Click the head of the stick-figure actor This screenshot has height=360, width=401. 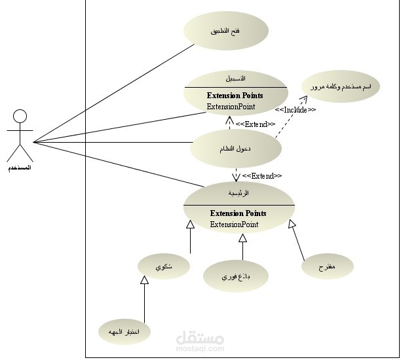point(20,117)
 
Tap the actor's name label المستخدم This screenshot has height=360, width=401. point(20,168)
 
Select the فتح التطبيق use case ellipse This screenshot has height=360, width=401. point(225,31)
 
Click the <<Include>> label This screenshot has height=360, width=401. point(295,110)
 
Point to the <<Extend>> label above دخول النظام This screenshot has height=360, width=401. point(256,124)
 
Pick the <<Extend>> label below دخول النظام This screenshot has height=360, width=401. point(262,176)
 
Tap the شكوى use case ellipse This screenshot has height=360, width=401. point(164,266)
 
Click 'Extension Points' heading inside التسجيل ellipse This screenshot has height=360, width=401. point(235,96)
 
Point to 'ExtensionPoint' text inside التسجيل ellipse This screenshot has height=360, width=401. point(231,106)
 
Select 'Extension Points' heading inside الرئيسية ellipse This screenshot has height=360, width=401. point(239,213)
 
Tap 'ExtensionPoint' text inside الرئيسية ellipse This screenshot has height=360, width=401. point(234,225)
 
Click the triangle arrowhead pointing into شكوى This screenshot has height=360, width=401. point(145,281)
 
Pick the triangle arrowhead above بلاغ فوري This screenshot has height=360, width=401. point(242,238)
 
